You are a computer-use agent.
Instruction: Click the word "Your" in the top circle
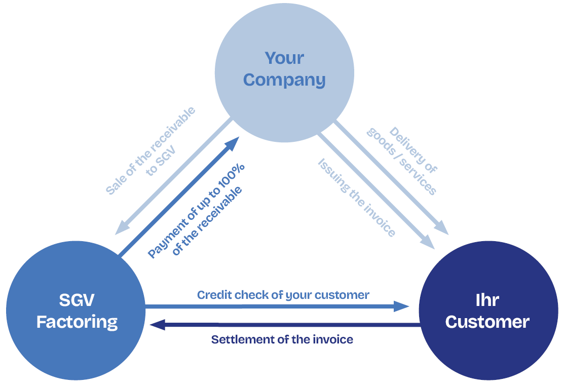(x=284, y=58)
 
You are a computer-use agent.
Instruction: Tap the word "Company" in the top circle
(x=284, y=80)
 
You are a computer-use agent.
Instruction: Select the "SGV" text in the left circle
(x=77, y=300)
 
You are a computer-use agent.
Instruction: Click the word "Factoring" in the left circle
(x=77, y=322)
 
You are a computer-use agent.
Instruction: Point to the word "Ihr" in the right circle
(x=487, y=300)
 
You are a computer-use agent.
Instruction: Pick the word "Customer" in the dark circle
(x=487, y=322)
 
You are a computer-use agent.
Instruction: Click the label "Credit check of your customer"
(x=283, y=295)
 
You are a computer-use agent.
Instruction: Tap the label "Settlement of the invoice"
(x=282, y=339)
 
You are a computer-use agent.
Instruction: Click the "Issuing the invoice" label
(x=356, y=198)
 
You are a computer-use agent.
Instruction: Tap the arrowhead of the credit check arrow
(x=402, y=306)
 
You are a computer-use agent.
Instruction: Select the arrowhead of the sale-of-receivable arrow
(x=121, y=228)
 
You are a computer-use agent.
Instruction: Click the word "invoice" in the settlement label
(x=333, y=339)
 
